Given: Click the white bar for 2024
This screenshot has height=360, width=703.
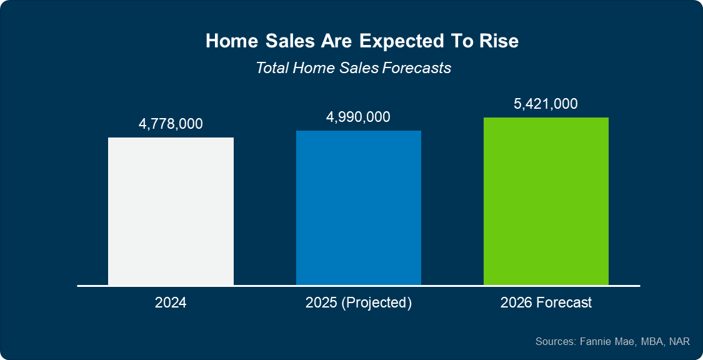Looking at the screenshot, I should tap(171, 211).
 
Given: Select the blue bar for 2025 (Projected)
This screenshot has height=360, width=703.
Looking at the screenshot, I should tap(358, 208).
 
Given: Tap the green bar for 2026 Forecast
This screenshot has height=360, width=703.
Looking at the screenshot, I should tap(546, 201).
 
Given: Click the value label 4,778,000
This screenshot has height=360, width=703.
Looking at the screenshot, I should tap(171, 124).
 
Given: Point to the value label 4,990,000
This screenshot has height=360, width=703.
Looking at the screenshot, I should tap(358, 117).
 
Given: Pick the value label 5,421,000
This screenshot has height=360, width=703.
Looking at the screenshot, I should tap(546, 104).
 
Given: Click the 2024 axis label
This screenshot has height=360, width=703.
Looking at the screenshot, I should tap(171, 303).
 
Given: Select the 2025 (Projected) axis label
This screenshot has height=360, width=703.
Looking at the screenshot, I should tap(358, 303).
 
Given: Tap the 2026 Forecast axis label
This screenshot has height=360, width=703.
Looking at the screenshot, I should tap(546, 303).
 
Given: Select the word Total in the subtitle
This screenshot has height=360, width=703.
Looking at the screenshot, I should tap(272, 67).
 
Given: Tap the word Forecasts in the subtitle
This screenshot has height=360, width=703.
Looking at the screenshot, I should tap(416, 67).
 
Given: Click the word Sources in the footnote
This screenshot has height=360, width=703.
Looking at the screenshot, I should tap(554, 341).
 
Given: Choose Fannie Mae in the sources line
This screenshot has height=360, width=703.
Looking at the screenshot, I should tap(604, 341).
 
